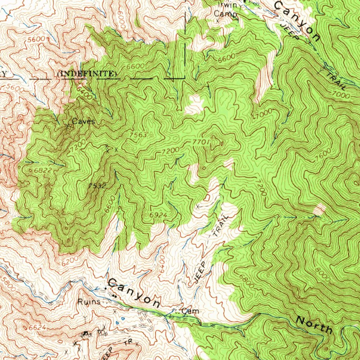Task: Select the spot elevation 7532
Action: [97, 185]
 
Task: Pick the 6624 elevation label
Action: [37, 328]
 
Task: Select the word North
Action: [314, 325]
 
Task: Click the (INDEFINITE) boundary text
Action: [86, 73]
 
